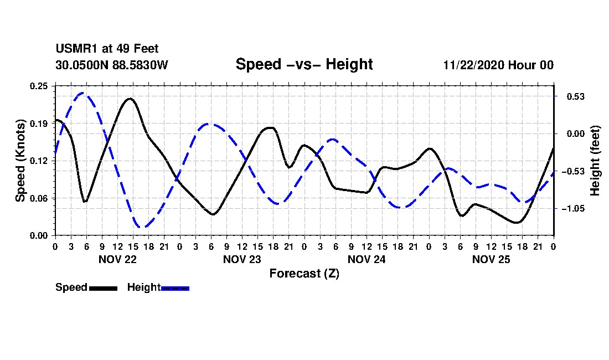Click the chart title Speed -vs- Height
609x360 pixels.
(304, 64)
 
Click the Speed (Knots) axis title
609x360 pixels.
(20, 161)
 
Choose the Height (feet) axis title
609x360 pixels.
(595, 161)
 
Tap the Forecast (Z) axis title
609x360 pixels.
(304, 273)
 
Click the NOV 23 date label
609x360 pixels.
(242, 259)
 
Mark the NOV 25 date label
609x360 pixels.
(491, 259)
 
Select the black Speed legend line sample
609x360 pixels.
(103, 288)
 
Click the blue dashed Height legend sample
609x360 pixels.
(176, 288)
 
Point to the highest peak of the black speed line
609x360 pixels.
(130, 99)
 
